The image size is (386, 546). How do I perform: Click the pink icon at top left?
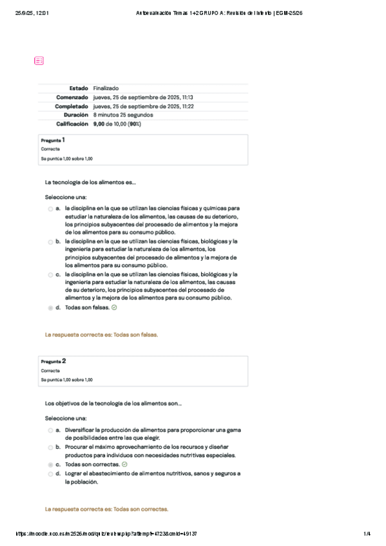click(39, 61)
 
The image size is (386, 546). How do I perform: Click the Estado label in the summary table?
click(79, 88)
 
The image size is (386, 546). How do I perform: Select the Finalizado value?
click(106, 88)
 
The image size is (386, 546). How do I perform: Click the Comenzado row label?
click(72, 97)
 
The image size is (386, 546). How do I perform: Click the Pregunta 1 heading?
click(53, 140)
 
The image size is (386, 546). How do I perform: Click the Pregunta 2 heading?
click(53, 361)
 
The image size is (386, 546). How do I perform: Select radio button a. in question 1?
click(50, 209)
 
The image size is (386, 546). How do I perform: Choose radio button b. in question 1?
click(50, 242)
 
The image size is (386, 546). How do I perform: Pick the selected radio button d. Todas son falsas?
click(50, 308)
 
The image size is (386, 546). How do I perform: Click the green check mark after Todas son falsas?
click(114, 308)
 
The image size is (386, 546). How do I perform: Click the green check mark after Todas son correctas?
click(124, 464)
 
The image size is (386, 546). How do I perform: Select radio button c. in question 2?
click(50, 464)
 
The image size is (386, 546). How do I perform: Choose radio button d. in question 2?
click(50, 473)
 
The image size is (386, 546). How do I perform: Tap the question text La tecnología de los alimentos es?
click(90, 182)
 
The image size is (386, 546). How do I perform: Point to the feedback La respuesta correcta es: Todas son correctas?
click(106, 509)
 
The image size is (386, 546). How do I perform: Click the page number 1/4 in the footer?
click(367, 534)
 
